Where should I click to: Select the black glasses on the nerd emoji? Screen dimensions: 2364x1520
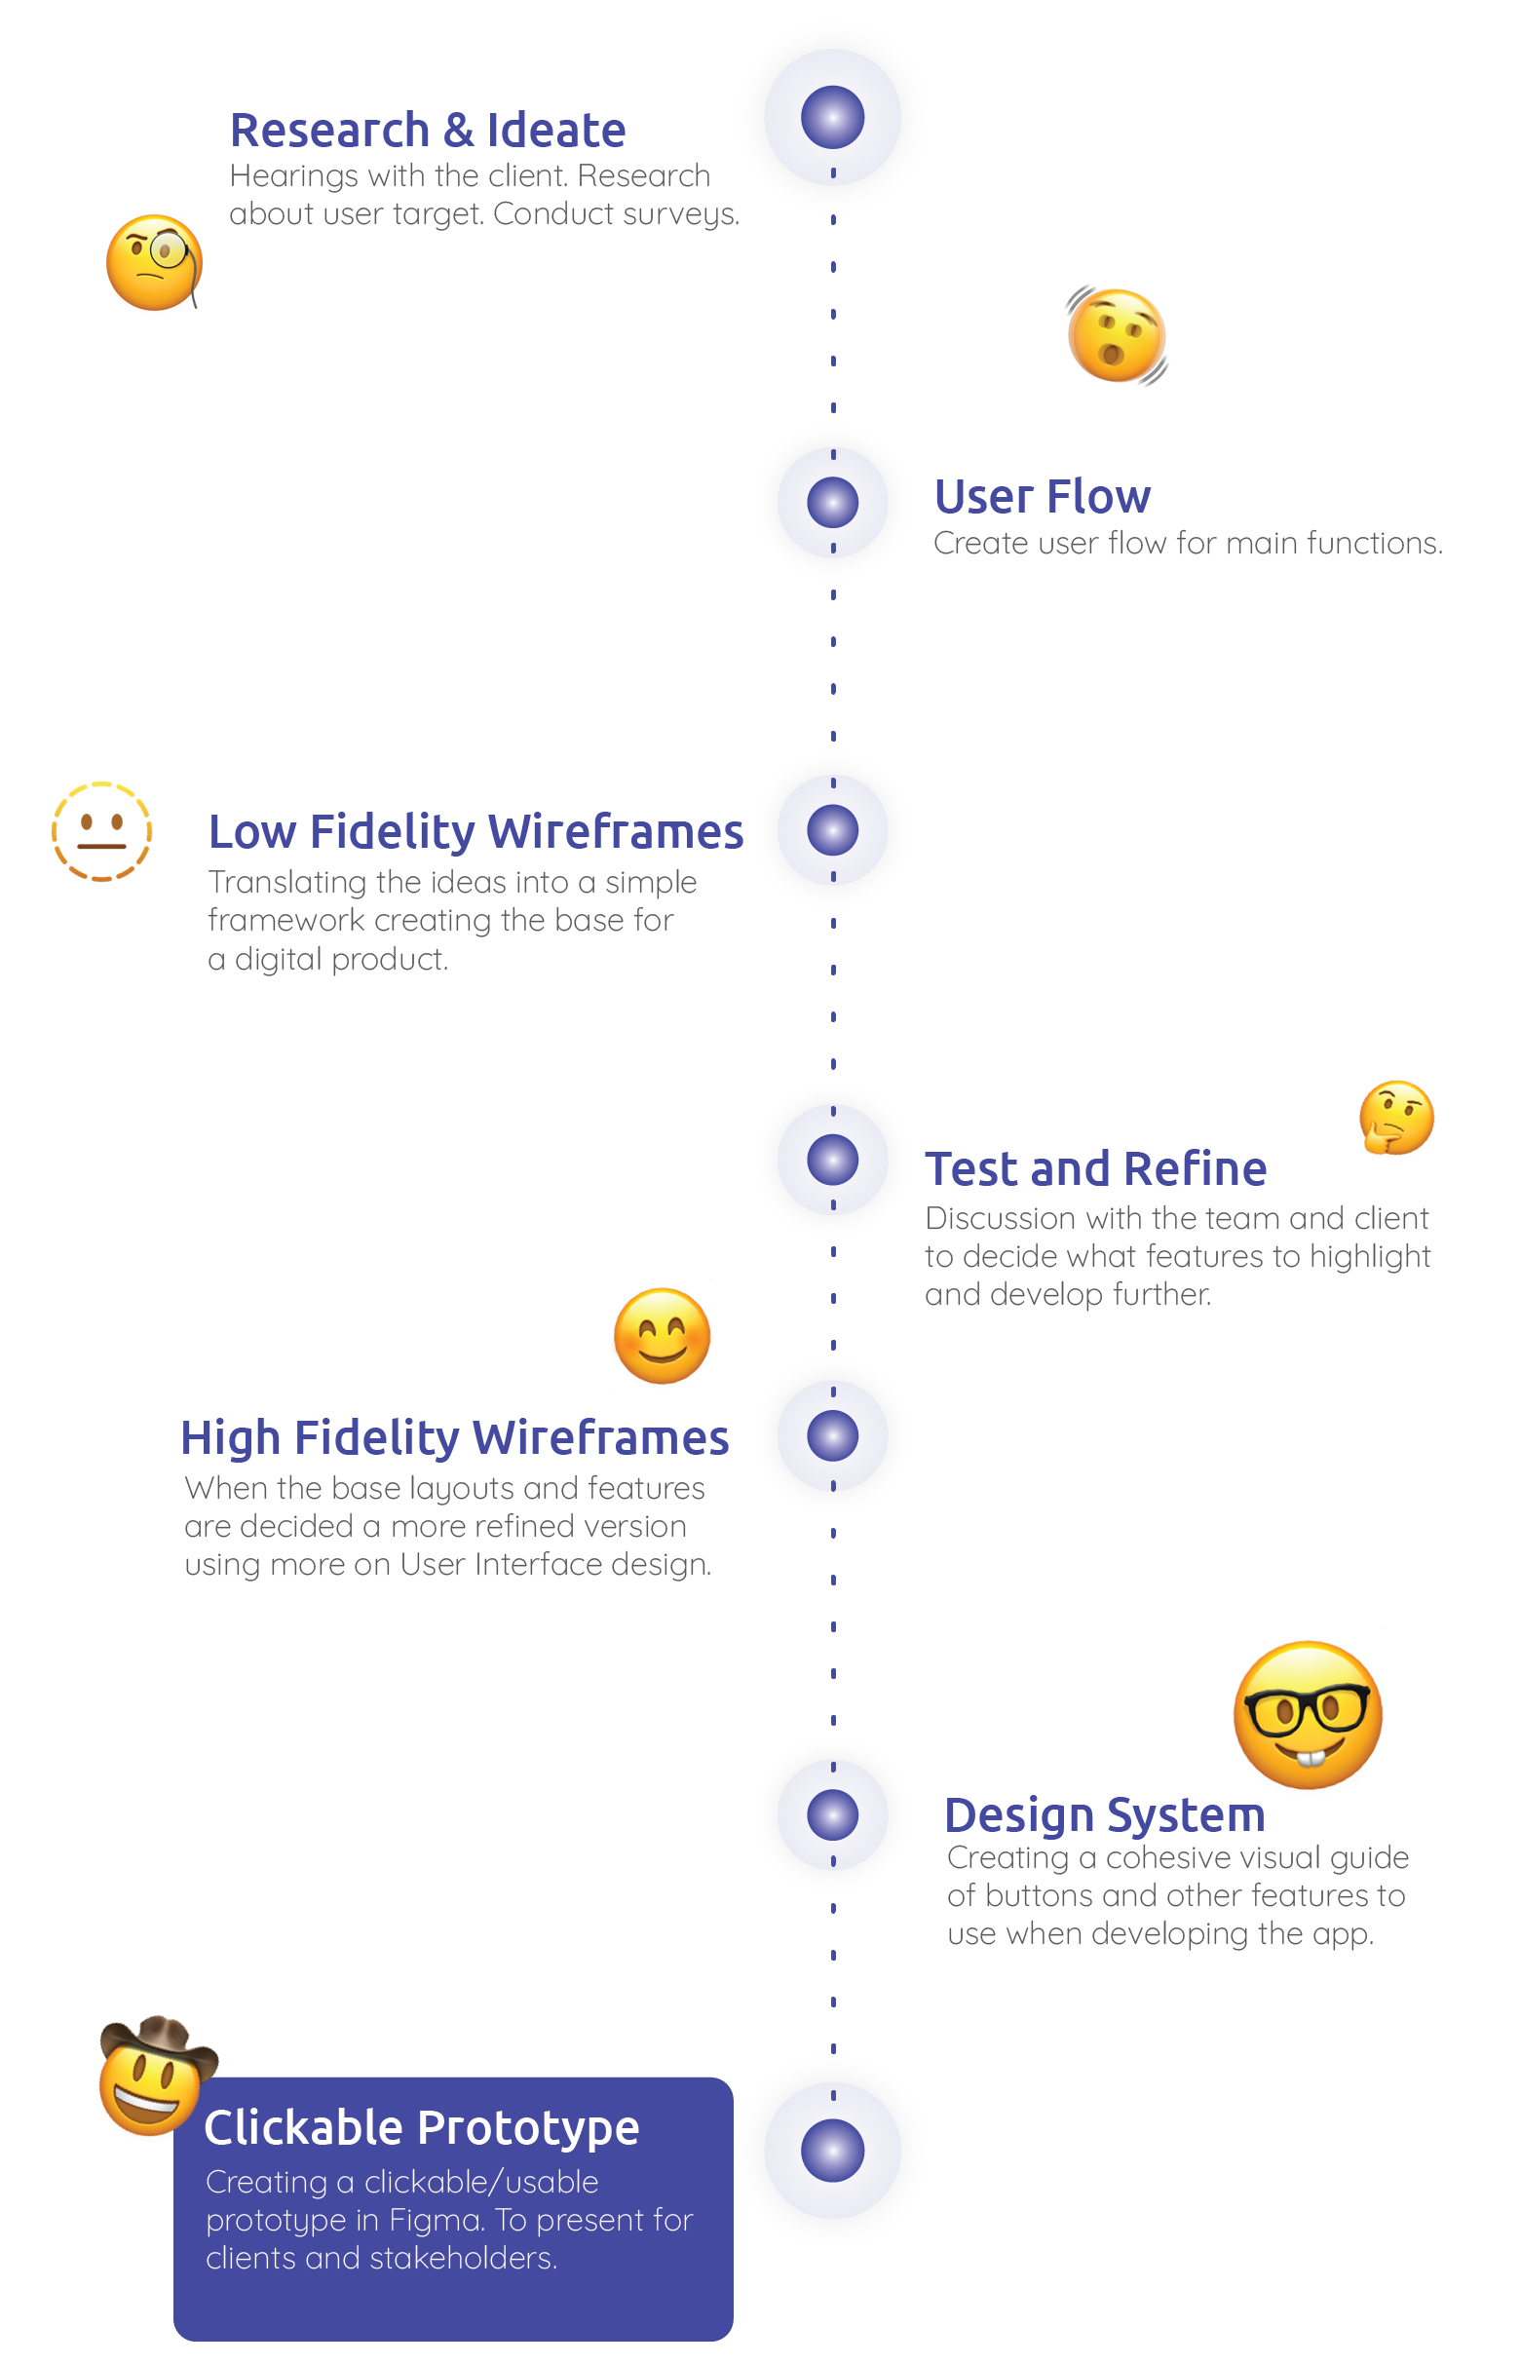pyautogui.click(x=1307, y=1710)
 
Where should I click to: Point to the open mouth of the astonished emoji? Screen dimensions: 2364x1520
pyautogui.click(x=1113, y=355)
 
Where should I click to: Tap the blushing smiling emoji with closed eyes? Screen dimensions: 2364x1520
pyautogui.click(x=662, y=1338)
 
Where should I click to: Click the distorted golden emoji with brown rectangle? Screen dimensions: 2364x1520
pyautogui.click(x=101, y=831)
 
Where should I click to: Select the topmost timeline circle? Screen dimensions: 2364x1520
pyautogui.click(x=832, y=117)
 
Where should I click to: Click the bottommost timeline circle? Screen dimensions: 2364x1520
pyautogui.click(x=832, y=2150)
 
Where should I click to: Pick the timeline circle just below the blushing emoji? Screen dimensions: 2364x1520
pyautogui.click(x=832, y=1435)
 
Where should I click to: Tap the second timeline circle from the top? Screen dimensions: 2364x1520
pyautogui.click(x=832, y=502)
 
